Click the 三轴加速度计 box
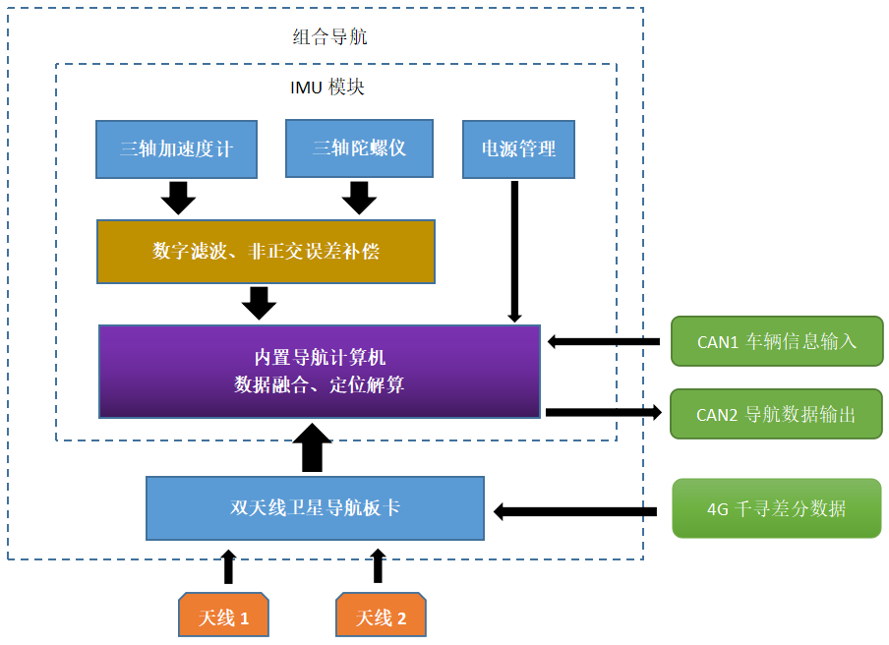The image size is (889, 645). click(176, 149)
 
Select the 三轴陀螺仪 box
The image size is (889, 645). click(359, 148)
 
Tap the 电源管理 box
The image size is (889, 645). click(518, 149)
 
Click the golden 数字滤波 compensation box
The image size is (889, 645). click(266, 252)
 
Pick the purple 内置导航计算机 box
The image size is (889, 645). click(320, 371)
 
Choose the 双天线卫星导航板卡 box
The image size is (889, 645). click(315, 508)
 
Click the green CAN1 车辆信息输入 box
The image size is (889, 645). click(777, 341)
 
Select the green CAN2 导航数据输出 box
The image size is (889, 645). click(776, 414)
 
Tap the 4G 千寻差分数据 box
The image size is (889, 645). click(776, 508)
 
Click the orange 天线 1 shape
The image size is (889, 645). click(222, 616)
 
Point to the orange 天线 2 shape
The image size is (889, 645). click(381, 616)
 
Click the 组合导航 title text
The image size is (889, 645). click(330, 37)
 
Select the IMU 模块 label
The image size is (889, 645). click(327, 87)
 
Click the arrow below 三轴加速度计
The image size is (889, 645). click(178, 198)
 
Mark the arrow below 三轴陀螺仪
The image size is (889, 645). click(359, 198)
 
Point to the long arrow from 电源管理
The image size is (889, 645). click(513, 252)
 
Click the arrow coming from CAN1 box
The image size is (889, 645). click(603, 341)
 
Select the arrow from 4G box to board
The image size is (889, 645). click(575, 511)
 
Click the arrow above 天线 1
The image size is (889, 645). click(229, 566)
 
